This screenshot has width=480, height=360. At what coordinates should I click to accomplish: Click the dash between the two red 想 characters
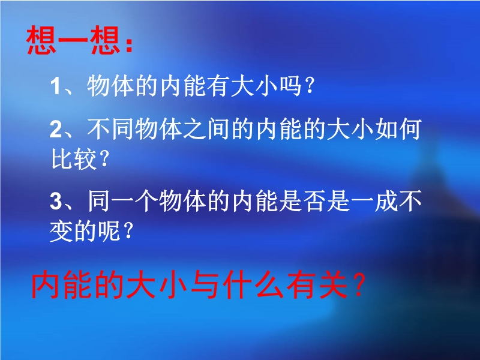[73, 40]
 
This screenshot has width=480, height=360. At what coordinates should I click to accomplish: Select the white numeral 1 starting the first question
[55, 86]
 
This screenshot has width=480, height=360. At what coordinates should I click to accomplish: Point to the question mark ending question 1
[310, 86]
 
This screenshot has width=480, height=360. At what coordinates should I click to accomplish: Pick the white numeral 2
[56, 129]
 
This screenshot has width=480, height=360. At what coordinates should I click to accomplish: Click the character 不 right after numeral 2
[98, 129]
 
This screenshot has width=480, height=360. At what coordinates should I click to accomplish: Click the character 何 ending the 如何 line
[410, 129]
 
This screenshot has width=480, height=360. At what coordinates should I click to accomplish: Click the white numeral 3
[56, 202]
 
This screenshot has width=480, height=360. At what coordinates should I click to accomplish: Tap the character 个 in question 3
[146, 201]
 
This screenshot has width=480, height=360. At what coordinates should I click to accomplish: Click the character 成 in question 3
[386, 201]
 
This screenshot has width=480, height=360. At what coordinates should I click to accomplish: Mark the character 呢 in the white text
[109, 231]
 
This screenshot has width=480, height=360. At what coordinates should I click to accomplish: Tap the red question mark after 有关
[359, 286]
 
